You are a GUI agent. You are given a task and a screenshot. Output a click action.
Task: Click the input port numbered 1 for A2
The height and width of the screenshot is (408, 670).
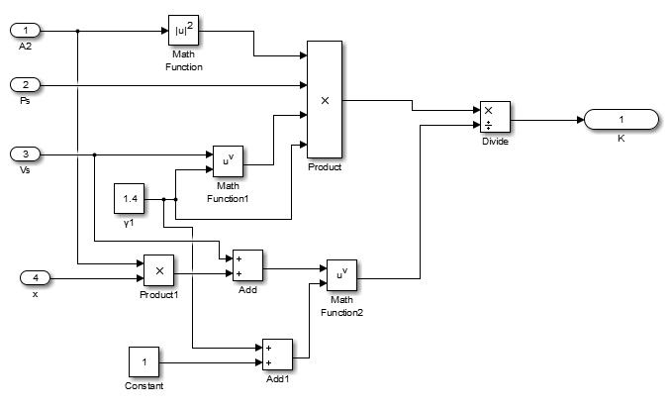26,31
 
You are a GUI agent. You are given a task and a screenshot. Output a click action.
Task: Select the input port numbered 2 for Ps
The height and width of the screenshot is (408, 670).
26,86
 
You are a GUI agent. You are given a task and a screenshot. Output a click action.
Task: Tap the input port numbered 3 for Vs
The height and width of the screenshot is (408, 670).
26,153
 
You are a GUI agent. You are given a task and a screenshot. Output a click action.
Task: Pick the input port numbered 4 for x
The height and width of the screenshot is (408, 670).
37,278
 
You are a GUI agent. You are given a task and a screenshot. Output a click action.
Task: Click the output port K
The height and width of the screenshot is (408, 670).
622,120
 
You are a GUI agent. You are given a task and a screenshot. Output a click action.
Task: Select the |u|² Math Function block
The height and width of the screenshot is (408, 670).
184,31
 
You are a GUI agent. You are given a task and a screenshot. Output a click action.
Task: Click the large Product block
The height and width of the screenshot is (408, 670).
325,99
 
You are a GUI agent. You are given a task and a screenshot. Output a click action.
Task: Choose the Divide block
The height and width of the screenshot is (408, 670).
494,116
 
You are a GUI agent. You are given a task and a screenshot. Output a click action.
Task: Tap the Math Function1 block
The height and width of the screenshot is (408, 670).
228,161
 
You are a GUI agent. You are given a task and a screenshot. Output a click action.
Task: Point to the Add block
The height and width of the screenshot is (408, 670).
247,265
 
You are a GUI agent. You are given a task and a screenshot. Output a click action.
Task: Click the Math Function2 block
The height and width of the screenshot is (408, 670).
341,274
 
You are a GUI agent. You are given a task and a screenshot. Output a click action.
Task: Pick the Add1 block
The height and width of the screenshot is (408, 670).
277,355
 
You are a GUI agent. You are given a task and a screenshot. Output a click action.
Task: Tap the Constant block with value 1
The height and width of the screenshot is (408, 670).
144,361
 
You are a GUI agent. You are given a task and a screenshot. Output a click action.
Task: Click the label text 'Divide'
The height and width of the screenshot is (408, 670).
494,142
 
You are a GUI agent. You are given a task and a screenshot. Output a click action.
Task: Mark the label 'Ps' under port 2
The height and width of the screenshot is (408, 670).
25,102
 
